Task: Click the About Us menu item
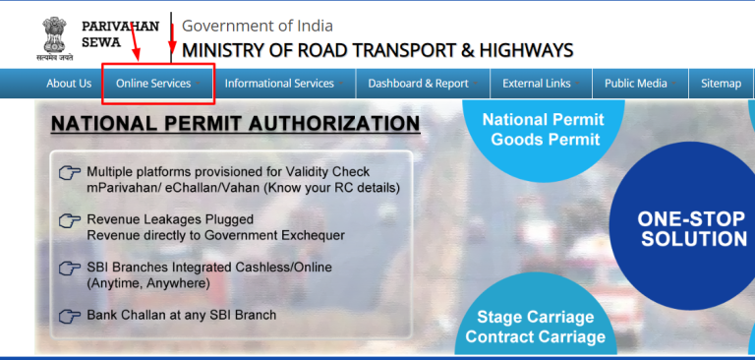click(x=69, y=84)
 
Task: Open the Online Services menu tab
click(x=153, y=84)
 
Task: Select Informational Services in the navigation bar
click(x=279, y=84)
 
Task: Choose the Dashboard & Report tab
click(x=418, y=84)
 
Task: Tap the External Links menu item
click(x=536, y=84)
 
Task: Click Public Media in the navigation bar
click(x=635, y=84)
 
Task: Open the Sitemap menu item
click(x=721, y=84)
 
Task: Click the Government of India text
click(x=258, y=26)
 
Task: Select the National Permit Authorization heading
click(x=235, y=124)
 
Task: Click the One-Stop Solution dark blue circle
click(x=691, y=228)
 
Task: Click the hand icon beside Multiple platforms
click(x=70, y=173)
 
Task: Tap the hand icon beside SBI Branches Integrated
click(x=70, y=269)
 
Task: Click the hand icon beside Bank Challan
click(x=70, y=316)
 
